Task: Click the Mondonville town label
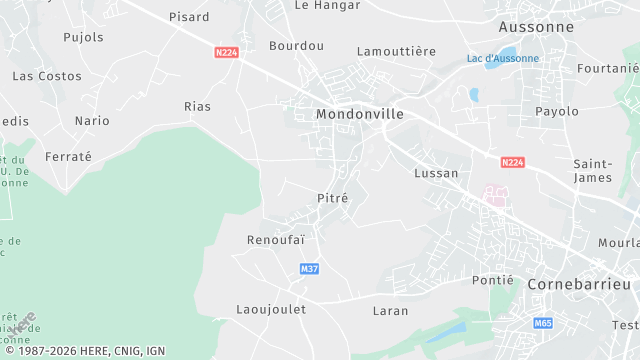coord(359,114)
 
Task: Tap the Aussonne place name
coord(536,27)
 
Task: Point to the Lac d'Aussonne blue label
coord(502,58)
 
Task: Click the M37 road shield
coord(309,269)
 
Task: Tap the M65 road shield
coord(543,323)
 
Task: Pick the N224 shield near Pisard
coord(227,52)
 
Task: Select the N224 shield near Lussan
coord(513,162)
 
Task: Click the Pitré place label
coord(332,198)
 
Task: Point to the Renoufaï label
coord(275,240)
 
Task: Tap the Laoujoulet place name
coord(271,309)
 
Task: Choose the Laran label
coord(390,311)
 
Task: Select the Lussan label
coord(436,173)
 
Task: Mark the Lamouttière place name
coord(396,51)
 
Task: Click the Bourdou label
coord(297,46)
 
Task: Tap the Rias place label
coord(198,106)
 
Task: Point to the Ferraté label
coord(68,157)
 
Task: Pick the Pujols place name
coord(83,37)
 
